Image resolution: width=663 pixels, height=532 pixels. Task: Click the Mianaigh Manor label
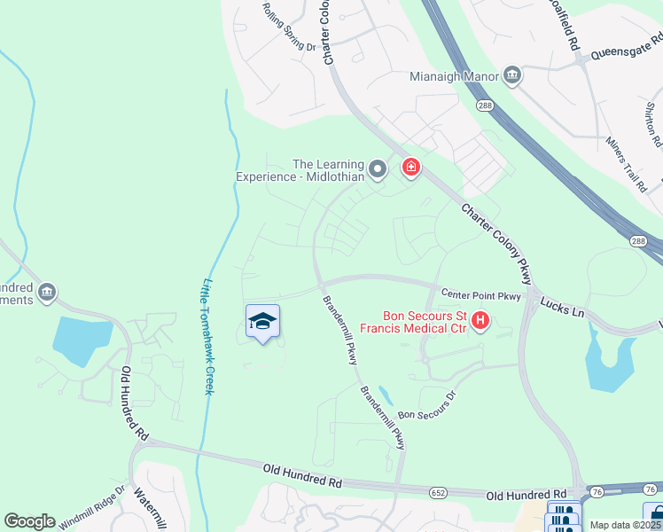tap(454, 76)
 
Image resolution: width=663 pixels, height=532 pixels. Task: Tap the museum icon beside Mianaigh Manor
tap(511, 75)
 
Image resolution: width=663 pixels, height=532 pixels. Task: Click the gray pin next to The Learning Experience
tap(378, 168)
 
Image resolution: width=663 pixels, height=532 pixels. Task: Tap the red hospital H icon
tap(480, 320)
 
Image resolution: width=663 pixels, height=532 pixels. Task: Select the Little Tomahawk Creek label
tap(209, 337)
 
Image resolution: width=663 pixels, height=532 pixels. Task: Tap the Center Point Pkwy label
tap(480, 295)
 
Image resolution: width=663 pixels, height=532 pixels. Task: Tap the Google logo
tap(29, 521)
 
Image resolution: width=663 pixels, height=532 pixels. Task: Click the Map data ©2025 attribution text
tap(625, 525)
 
